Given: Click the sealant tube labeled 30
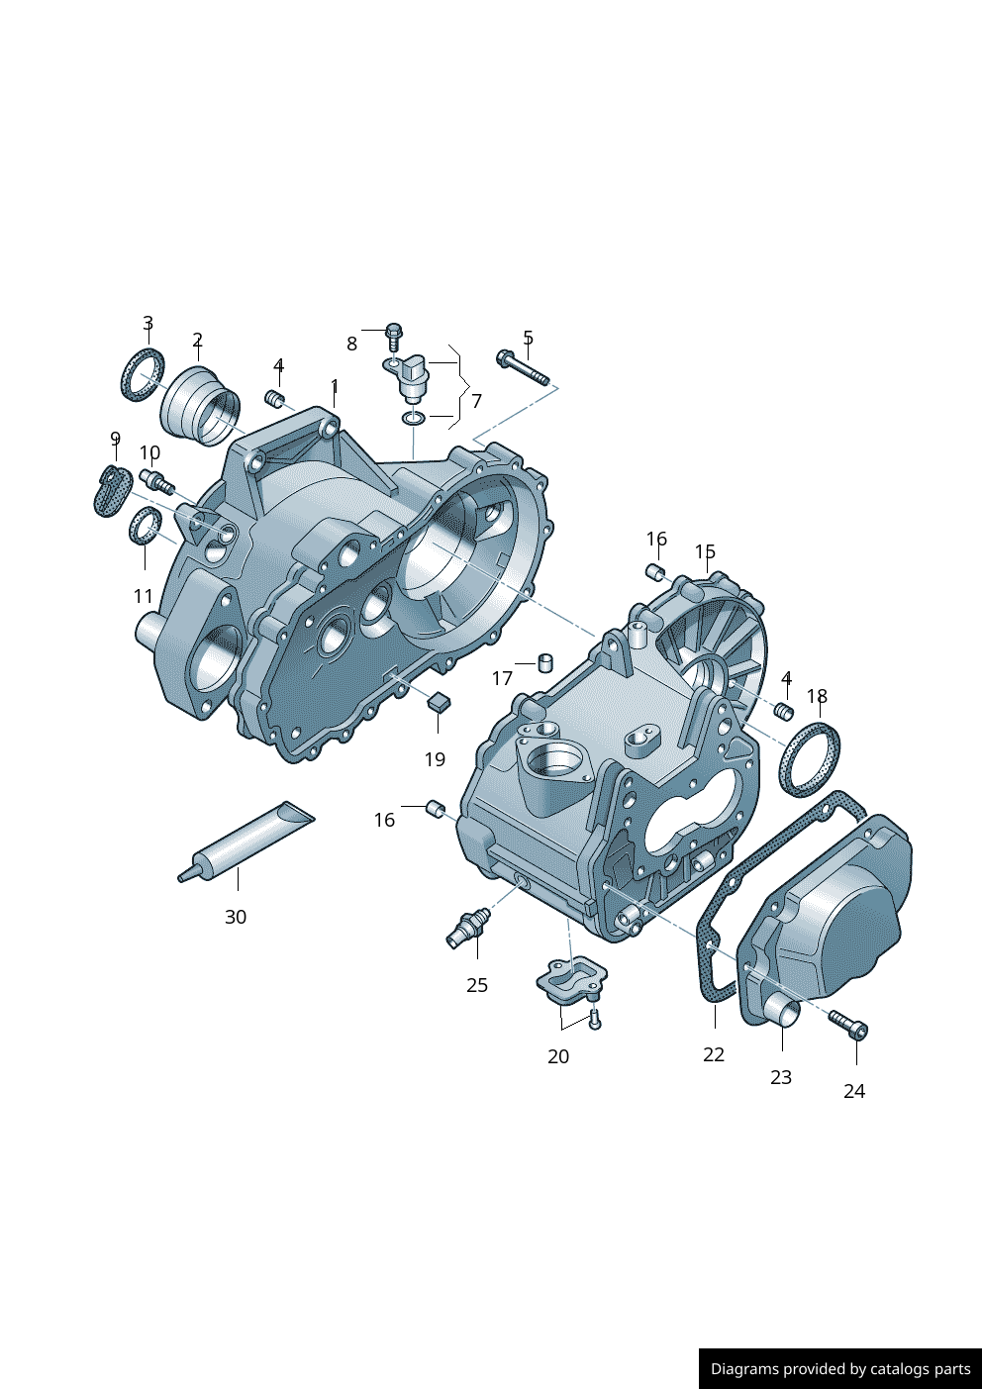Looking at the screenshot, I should click(x=247, y=841).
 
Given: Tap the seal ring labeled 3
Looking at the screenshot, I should click(x=143, y=375).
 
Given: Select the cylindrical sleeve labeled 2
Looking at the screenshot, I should click(x=201, y=406).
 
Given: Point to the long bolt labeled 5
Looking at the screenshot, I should click(x=523, y=367).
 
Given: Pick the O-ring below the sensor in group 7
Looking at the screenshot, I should click(x=415, y=419).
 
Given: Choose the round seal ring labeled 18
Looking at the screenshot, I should click(x=811, y=759).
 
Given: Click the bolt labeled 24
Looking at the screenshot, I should click(x=848, y=1025).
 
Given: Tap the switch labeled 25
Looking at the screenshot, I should click(x=468, y=927).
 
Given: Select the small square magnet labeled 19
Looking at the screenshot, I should click(x=439, y=702).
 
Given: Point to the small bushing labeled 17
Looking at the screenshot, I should click(x=544, y=661).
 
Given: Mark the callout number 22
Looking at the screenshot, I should click(x=714, y=1055).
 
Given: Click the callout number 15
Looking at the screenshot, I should click(x=705, y=551).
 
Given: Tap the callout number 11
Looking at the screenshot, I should click(x=144, y=596).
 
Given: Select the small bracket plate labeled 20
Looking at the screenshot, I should click(x=570, y=979).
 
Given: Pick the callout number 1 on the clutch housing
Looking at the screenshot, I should click(x=335, y=385).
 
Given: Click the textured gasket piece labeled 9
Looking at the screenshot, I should click(x=112, y=492).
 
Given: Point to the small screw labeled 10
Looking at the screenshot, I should click(x=157, y=483).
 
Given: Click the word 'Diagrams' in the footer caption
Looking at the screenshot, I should click(x=744, y=1369).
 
